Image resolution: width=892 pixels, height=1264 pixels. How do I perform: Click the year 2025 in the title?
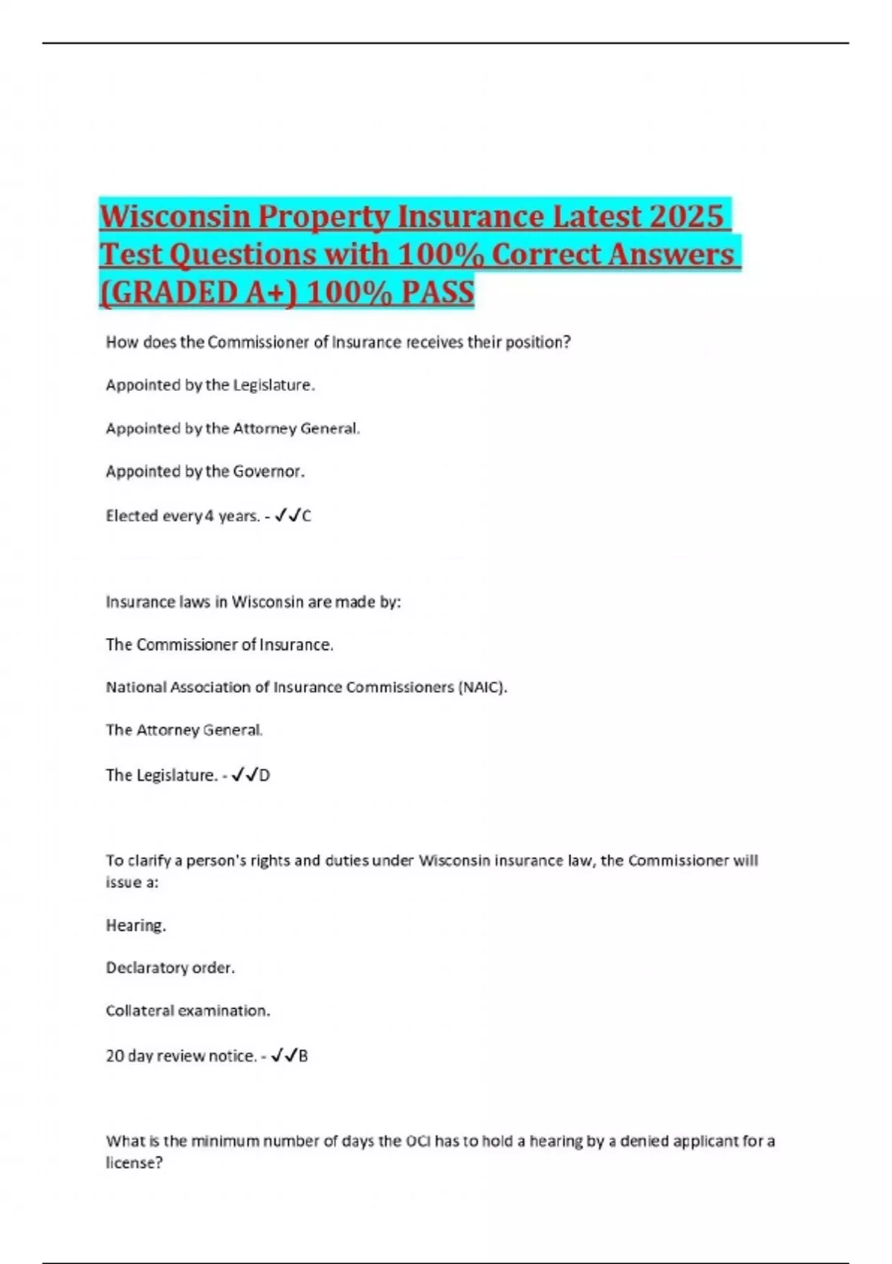click(x=685, y=216)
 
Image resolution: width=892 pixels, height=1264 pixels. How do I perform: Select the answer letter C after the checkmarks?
click(x=307, y=516)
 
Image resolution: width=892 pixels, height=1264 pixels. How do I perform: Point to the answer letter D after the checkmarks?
click(x=265, y=776)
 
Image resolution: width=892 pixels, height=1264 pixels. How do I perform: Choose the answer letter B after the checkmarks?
click(x=303, y=1056)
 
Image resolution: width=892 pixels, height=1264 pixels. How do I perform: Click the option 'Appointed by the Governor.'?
click(x=205, y=471)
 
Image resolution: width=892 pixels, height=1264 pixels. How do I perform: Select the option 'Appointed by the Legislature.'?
click(x=210, y=385)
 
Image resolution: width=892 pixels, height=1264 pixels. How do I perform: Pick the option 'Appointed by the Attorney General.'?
click(x=233, y=428)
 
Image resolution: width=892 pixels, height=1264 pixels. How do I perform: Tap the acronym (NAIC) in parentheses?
click(x=483, y=687)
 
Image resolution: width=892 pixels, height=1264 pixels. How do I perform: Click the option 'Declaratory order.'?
click(x=170, y=968)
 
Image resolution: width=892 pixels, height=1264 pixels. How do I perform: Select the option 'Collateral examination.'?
click(x=188, y=1011)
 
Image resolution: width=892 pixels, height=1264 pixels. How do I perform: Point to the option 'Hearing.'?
click(x=136, y=926)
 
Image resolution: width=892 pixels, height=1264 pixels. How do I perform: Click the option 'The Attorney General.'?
click(x=184, y=730)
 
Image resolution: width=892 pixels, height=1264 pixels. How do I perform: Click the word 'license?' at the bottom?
click(x=134, y=1163)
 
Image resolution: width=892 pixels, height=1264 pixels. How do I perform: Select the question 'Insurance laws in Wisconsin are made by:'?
click(x=253, y=602)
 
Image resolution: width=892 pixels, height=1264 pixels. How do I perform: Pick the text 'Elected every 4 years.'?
click(x=183, y=516)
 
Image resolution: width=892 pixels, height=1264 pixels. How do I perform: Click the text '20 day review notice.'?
click(x=181, y=1056)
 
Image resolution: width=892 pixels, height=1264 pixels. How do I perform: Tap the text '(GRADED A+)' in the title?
click(x=198, y=292)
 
